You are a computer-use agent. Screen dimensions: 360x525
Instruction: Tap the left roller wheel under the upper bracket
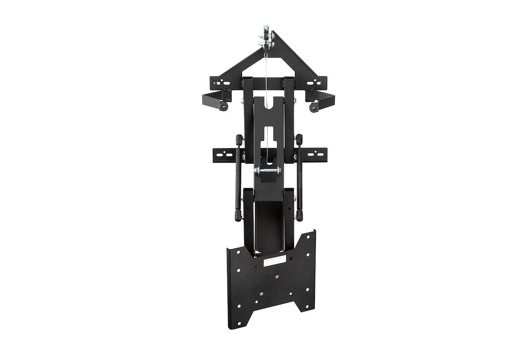[223, 107]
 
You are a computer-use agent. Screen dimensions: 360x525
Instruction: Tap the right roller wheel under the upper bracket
[314, 107]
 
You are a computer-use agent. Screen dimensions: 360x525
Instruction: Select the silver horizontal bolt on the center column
[267, 171]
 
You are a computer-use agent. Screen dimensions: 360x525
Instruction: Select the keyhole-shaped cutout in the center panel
[268, 136]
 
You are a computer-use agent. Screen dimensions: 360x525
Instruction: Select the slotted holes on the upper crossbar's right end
[315, 82]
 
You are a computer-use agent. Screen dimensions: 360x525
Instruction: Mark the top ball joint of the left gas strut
[239, 140]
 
